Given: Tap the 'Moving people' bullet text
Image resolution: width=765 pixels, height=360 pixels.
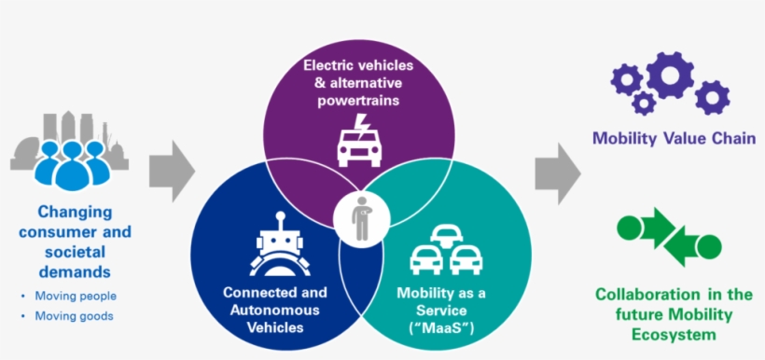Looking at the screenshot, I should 76,297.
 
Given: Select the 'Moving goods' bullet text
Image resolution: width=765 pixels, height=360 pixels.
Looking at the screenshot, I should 74,316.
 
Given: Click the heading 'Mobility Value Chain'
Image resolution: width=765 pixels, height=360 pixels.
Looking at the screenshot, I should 674,139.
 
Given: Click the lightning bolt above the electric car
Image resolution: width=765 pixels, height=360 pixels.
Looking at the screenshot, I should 365,124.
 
